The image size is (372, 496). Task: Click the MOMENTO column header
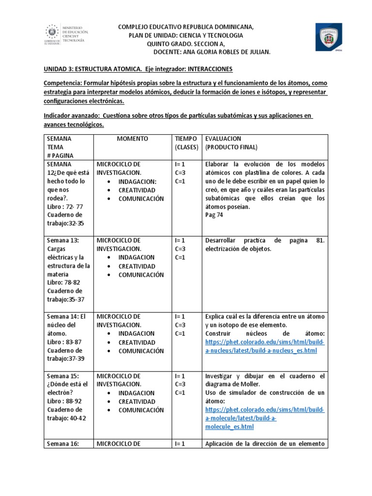(132, 139)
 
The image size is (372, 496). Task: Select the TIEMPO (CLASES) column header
(186, 142)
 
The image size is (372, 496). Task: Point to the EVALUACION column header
(223, 139)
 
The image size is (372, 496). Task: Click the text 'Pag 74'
(214, 216)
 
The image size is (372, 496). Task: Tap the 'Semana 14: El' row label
(66, 316)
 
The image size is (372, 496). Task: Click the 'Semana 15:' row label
(62, 376)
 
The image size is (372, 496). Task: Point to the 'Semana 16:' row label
(62, 443)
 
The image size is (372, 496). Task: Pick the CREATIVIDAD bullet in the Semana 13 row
(137, 266)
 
